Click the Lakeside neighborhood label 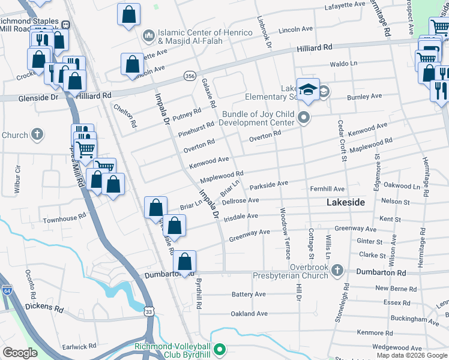coord(345,203)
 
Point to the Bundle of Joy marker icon coord(304,118)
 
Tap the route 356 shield coord(190,76)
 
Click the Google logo coord(20,353)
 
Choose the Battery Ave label coord(249,295)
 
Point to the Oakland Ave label coord(249,314)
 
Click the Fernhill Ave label coord(327,188)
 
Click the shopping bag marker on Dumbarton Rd coord(185,262)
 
